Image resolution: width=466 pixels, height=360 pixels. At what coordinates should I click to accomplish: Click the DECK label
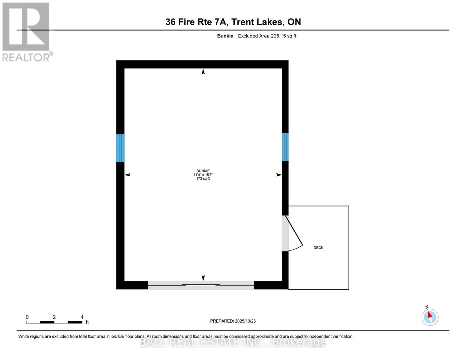(x=318, y=247)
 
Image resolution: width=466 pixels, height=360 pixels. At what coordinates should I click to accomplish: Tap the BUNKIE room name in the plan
(x=203, y=171)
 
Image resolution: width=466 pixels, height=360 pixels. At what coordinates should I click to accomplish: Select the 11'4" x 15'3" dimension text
(x=203, y=175)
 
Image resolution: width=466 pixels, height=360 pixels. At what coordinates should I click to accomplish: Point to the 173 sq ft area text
(x=203, y=178)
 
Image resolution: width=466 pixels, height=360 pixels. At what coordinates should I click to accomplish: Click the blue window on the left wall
(x=120, y=148)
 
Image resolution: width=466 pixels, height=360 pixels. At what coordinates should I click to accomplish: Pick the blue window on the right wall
(x=285, y=147)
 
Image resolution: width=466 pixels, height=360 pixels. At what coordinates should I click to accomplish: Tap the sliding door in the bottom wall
(x=201, y=285)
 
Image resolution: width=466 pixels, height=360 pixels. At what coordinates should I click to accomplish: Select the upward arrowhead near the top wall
(x=203, y=72)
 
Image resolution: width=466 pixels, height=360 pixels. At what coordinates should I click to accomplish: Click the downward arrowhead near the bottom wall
(x=203, y=278)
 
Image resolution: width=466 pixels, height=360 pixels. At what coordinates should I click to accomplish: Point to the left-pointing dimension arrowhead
(x=128, y=175)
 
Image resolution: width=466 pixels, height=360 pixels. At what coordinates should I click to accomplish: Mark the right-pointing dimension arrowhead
(x=279, y=175)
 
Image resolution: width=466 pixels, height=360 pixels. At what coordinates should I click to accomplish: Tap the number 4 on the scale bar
(x=82, y=317)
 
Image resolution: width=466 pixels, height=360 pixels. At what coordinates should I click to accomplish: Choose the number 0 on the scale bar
(x=27, y=317)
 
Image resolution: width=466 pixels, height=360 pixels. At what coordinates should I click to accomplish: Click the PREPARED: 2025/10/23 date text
(x=233, y=321)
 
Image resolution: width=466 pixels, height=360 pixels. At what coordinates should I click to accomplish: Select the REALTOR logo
(x=26, y=31)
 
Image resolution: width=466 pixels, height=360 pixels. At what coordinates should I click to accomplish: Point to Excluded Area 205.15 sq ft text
(x=267, y=36)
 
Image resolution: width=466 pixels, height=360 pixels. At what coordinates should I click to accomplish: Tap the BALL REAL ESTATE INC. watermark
(x=233, y=342)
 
